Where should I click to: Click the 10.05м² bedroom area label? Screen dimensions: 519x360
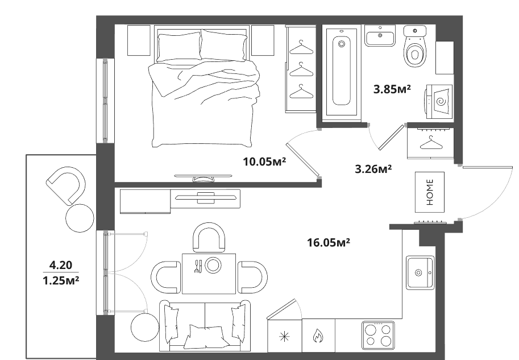tap(264, 162)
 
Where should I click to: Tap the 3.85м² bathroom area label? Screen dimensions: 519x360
tap(392, 89)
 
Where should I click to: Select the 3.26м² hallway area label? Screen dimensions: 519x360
tap(373, 169)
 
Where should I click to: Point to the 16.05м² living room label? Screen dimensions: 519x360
tap(329, 242)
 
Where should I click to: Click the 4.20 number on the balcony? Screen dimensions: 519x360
tap(61, 265)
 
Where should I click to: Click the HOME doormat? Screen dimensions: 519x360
tap(430, 192)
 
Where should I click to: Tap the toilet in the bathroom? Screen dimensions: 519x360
tap(414, 46)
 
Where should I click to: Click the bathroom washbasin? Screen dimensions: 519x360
tap(380, 36)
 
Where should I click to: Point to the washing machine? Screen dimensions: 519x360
tap(438, 100)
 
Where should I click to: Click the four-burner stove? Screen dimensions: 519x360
tap(378, 335)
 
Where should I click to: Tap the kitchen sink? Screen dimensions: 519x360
tap(420, 272)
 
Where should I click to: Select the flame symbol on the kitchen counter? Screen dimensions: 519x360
tap(318, 337)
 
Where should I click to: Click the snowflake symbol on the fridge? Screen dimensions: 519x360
tap(284, 337)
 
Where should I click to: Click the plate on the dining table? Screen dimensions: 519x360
tap(213, 265)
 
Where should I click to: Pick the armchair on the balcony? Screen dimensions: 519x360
tap(66, 185)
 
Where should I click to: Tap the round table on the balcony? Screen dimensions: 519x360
tap(80, 218)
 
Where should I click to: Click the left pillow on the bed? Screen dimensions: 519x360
tap(179, 47)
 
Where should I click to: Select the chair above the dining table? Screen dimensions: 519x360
tap(209, 237)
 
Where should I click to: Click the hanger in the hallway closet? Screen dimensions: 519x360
tap(431, 142)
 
